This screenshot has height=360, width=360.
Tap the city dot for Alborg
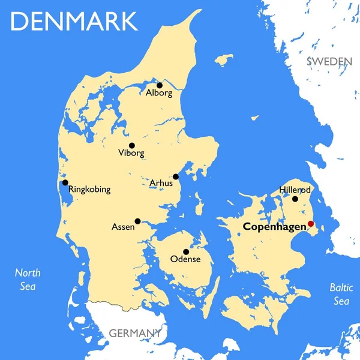point(160,85)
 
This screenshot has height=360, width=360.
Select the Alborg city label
point(159,94)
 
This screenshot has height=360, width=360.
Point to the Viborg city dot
point(132,145)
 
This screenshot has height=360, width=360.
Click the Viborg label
point(131,154)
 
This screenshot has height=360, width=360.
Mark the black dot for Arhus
point(176,176)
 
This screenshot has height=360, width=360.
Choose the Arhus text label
point(161,183)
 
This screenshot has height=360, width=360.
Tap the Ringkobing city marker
point(65,182)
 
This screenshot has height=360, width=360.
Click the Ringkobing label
point(90,190)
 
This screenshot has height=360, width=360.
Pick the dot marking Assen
point(137,221)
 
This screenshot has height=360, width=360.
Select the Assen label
point(123,227)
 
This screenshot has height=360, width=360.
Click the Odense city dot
point(185,251)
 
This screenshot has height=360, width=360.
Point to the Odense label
point(185,260)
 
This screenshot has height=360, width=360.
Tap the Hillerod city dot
point(295,199)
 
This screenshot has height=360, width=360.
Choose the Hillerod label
point(295,190)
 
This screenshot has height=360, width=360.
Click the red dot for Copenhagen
point(311,224)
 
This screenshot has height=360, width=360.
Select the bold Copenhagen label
point(274,227)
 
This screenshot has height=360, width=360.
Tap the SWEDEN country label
point(329,61)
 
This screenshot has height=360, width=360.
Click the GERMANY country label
point(134,332)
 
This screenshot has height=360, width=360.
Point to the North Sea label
point(27,279)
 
